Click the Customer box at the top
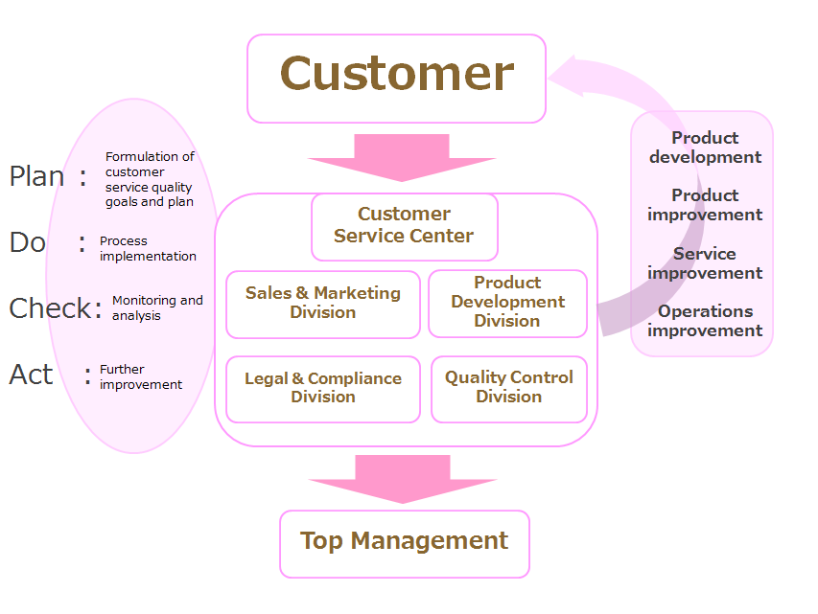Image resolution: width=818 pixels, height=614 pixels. point(396,79)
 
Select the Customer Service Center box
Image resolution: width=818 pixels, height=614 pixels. point(405,227)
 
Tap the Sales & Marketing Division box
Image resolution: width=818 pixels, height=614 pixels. point(323,305)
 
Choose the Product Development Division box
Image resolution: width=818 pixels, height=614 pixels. point(507,304)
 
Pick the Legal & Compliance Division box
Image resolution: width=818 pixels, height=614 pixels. point(323,389)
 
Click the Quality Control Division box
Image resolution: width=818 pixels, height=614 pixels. point(509,389)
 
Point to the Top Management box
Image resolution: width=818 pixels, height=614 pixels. point(405,544)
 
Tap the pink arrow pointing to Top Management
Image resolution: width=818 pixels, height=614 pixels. point(403,479)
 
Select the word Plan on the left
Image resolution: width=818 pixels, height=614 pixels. point(36,176)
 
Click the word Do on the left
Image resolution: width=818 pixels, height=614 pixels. point(28,242)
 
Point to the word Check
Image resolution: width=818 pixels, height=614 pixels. point(50,308)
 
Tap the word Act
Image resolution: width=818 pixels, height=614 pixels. point(31,375)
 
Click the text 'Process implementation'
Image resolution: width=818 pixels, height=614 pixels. point(148,249)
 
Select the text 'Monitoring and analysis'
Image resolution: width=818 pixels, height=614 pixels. point(157,308)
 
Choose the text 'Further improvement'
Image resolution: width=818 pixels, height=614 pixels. point(141,376)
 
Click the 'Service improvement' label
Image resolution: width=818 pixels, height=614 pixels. point(705,263)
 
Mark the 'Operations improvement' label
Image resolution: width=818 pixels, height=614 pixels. point(705,321)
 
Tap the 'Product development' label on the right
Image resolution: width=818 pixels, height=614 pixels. point(705,148)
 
